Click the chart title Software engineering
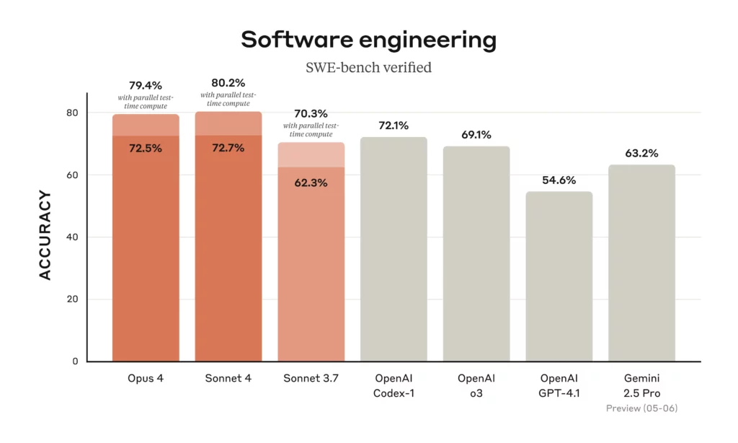click(x=368, y=40)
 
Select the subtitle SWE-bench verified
click(x=368, y=68)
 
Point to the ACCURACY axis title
click(x=45, y=235)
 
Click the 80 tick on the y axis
click(x=73, y=113)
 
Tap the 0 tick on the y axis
click(x=76, y=361)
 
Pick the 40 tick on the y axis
click(x=73, y=237)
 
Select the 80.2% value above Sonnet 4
click(x=228, y=83)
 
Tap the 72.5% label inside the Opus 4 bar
click(x=146, y=148)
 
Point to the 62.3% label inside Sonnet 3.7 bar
click(x=311, y=183)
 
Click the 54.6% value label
click(x=559, y=180)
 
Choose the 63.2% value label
click(x=641, y=153)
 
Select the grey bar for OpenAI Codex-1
click(x=394, y=253)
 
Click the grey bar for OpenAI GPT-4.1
click(x=559, y=281)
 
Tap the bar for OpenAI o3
click(x=476, y=256)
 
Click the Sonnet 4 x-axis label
click(x=228, y=379)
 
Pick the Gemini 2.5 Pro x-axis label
click(x=641, y=386)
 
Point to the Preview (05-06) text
click(x=641, y=408)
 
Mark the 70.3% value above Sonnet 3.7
click(x=311, y=113)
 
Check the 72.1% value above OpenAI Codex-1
click(x=394, y=126)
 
